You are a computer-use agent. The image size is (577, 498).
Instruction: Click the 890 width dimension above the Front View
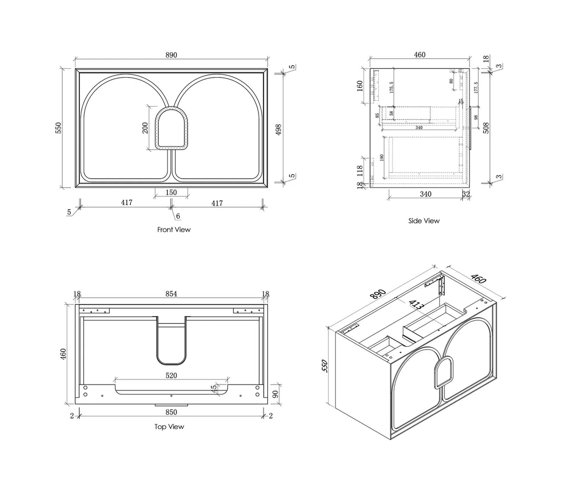pos(171,55)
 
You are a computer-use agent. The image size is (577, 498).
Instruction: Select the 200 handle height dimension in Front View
pos(145,127)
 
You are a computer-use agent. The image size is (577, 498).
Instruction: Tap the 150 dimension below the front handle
pos(171,193)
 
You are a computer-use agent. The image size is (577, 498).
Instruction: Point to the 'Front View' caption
pos(174,230)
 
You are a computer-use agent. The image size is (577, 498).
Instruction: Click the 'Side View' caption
pos(424,221)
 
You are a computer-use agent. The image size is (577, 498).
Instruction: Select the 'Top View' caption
pos(169,427)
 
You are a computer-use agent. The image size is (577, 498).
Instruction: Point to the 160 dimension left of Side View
pos(360,86)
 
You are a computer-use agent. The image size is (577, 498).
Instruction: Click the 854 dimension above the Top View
pos(171,294)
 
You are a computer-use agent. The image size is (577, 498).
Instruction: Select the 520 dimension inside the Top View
pos(171,375)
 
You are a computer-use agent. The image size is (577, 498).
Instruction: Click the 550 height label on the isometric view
pos(325,366)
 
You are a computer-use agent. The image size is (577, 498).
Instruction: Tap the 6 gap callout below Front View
pos(178,216)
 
